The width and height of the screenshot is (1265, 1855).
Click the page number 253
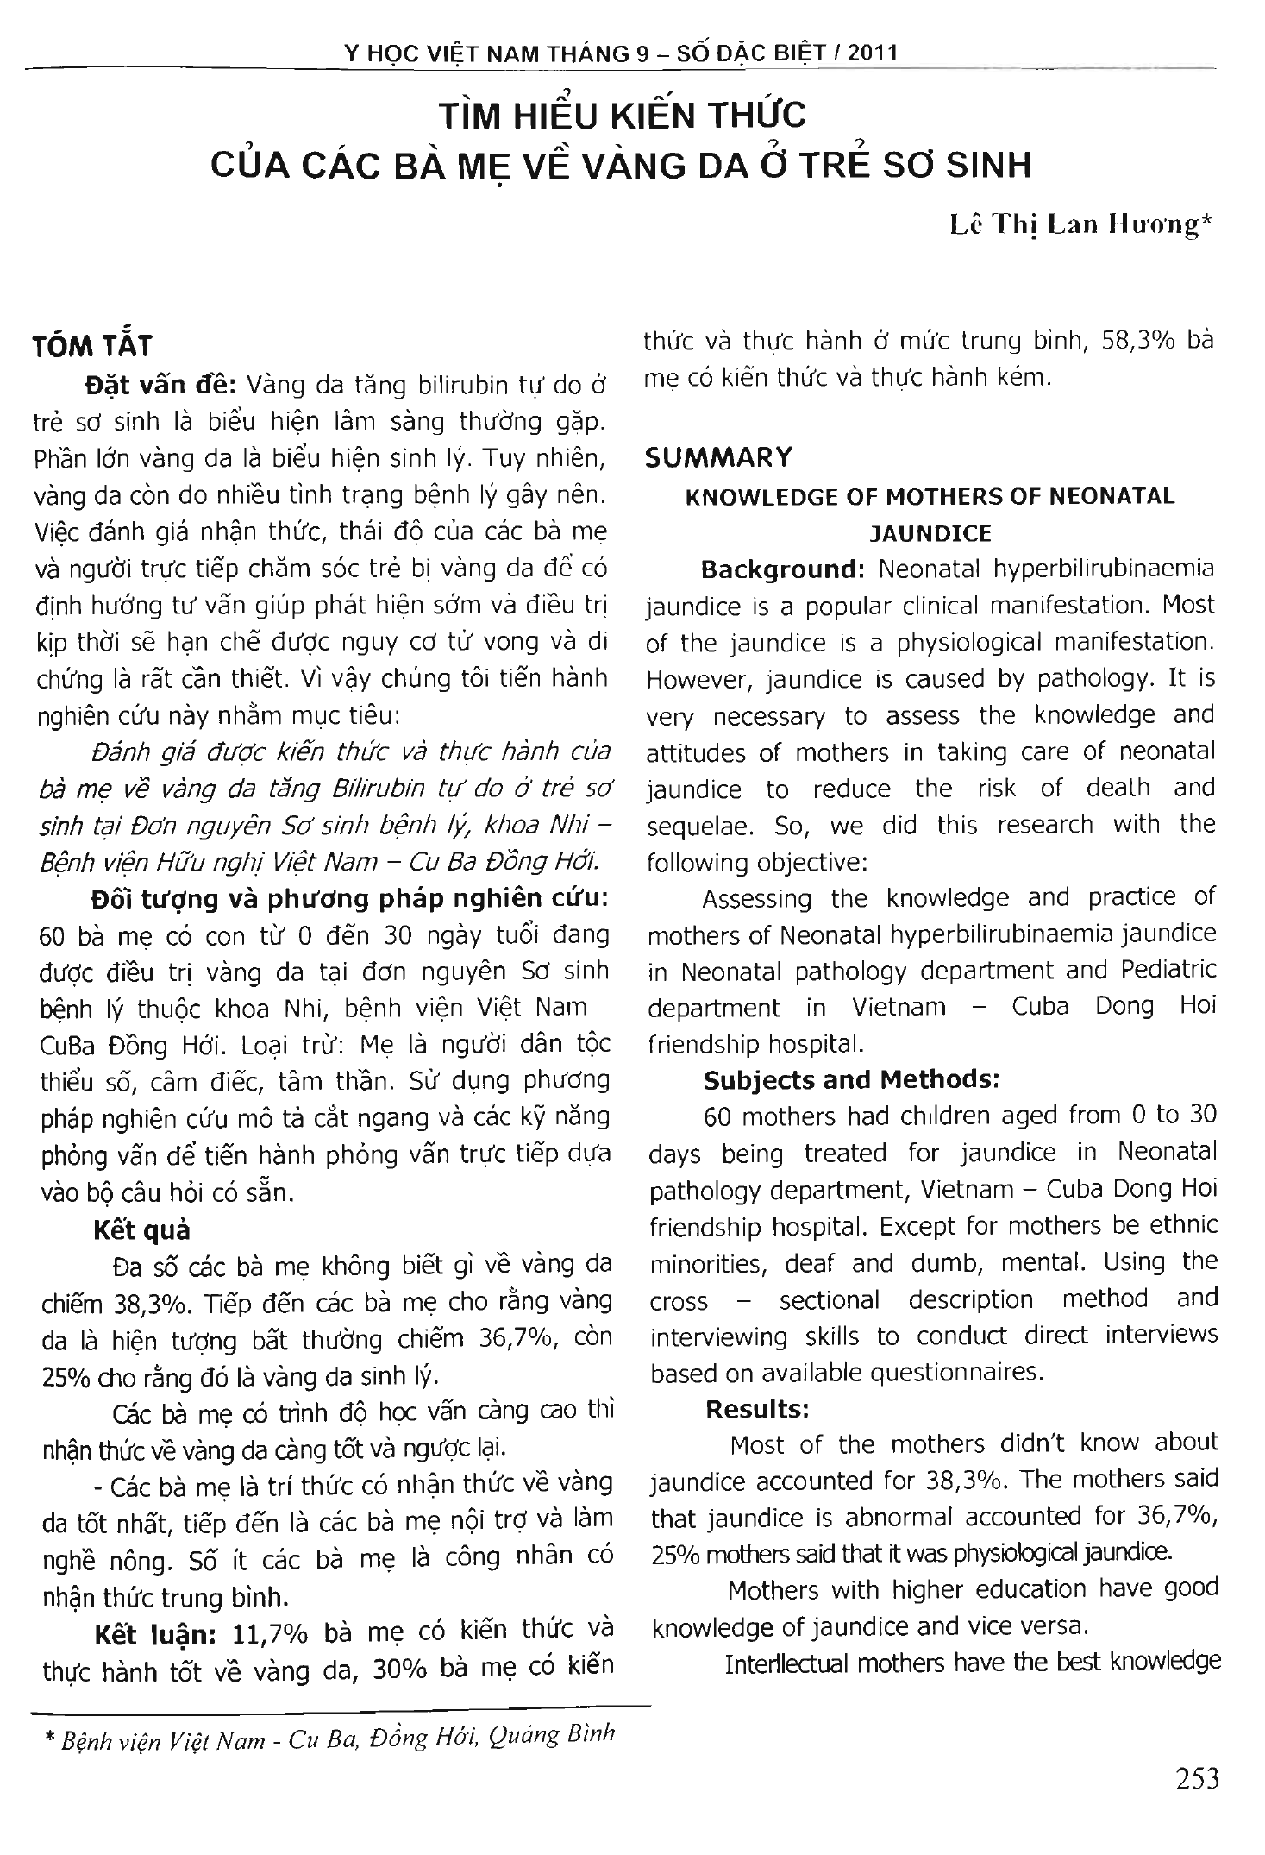[x=1197, y=1779]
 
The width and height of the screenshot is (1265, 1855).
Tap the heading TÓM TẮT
[x=91, y=346]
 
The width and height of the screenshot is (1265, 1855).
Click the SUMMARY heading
[x=718, y=457]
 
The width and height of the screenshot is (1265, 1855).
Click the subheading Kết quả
[x=141, y=1230]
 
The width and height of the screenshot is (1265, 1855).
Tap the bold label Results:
[x=757, y=1410]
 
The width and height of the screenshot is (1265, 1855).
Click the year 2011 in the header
[x=873, y=53]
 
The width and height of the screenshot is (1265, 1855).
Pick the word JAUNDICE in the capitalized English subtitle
[x=930, y=533]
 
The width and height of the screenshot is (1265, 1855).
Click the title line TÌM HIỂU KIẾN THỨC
[x=622, y=116]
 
